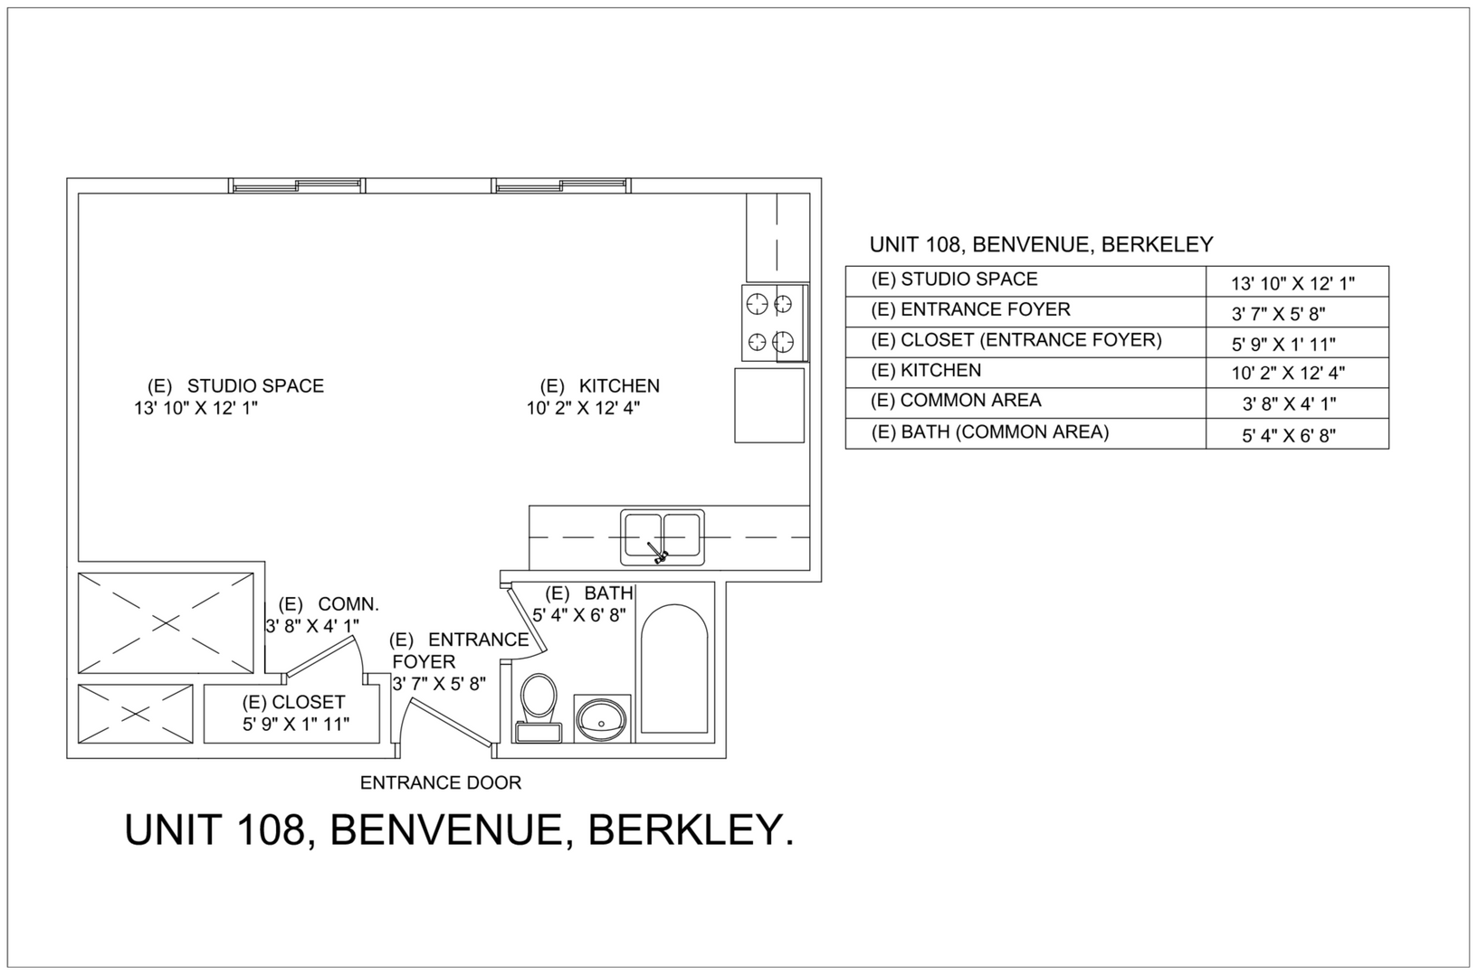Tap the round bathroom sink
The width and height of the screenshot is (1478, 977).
click(x=601, y=720)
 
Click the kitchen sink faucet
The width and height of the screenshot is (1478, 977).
click(x=657, y=552)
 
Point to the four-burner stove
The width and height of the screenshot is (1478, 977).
click(x=770, y=323)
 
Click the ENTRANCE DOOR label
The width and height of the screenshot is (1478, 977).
click(x=441, y=783)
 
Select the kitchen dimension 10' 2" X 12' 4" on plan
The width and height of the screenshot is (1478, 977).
click(x=583, y=408)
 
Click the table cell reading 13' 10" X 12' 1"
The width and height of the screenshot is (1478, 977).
click(x=1292, y=283)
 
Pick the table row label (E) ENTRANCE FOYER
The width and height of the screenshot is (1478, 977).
click(x=970, y=310)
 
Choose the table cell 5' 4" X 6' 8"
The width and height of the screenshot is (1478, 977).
click(x=1289, y=436)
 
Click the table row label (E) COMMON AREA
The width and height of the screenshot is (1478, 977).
click(x=956, y=401)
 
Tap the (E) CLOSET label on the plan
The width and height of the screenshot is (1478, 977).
click(x=293, y=702)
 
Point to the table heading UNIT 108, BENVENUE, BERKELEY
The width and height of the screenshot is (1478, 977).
click(x=1041, y=244)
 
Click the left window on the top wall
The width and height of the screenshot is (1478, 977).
click(x=297, y=186)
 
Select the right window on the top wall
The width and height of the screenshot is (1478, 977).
click(x=561, y=186)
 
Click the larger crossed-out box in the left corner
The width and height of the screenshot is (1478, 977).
click(x=166, y=622)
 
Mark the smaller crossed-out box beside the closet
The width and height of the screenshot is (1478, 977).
click(x=136, y=714)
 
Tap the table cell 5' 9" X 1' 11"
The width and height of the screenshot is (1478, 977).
click(x=1283, y=345)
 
